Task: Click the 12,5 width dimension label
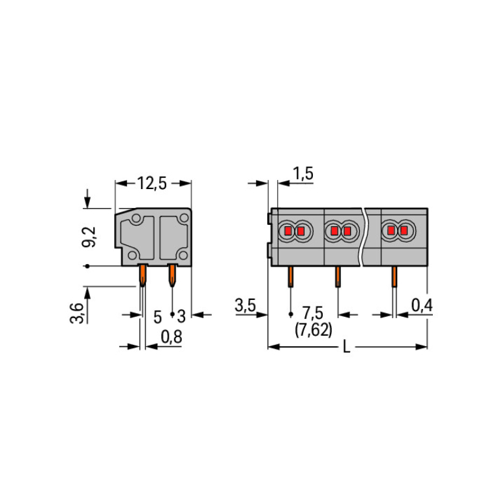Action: tap(152, 183)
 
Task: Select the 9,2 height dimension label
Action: tap(89, 237)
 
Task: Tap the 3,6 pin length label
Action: tap(77, 313)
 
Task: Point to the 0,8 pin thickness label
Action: tap(171, 337)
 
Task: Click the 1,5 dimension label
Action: tap(303, 173)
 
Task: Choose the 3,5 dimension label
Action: tap(245, 305)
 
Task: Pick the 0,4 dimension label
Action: tap(422, 305)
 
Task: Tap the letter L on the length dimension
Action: tap(346, 346)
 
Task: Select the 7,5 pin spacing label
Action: tap(313, 313)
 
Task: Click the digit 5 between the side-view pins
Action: tap(158, 317)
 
